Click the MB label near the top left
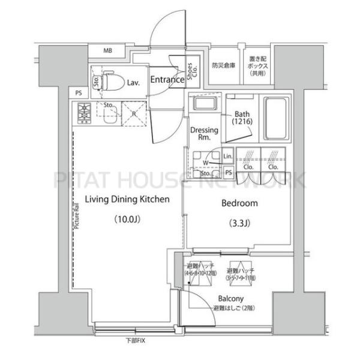(x=109, y=51)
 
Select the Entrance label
(x=166, y=80)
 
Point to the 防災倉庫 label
(x=223, y=65)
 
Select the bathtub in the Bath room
(x=277, y=117)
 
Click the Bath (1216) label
(x=242, y=118)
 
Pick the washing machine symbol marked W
(x=206, y=162)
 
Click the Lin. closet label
(x=227, y=157)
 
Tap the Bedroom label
(x=239, y=203)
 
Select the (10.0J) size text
(x=127, y=219)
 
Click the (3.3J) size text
(x=239, y=224)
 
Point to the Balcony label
(x=230, y=299)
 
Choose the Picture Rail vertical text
(x=77, y=216)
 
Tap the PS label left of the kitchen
(x=79, y=92)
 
